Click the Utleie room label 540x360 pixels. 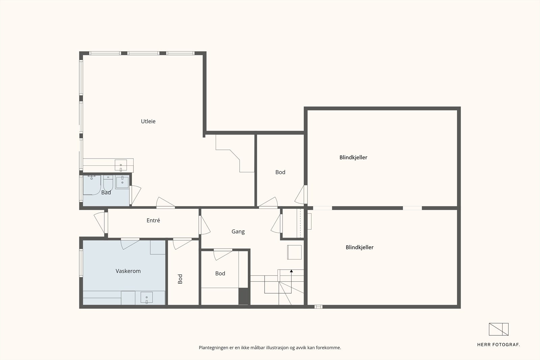click(x=148, y=121)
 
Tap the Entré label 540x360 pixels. click(x=153, y=220)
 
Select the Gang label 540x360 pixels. click(x=238, y=231)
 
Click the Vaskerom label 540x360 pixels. click(x=128, y=271)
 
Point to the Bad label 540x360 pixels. click(x=106, y=193)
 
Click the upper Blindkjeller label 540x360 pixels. click(x=353, y=157)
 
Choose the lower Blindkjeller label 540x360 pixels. click(x=359, y=247)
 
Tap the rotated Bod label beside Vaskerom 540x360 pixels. click(x=180, y=279)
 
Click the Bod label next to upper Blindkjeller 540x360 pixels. click(x=280, y=172)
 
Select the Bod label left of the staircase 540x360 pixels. click(x=220, y=273)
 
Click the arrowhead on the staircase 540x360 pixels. click(x=291, y=271)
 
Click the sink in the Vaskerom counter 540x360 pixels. click(x=146, y=298)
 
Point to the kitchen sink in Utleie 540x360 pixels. click(x=121, y=165)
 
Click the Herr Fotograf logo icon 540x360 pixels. click(x=498, y=329)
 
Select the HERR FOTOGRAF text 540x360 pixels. click(x=498, y=344)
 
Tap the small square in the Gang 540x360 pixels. click(x=294, y=252)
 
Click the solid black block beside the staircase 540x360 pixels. click(x=243, y=296)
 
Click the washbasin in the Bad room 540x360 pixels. click(x=122, y=182)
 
